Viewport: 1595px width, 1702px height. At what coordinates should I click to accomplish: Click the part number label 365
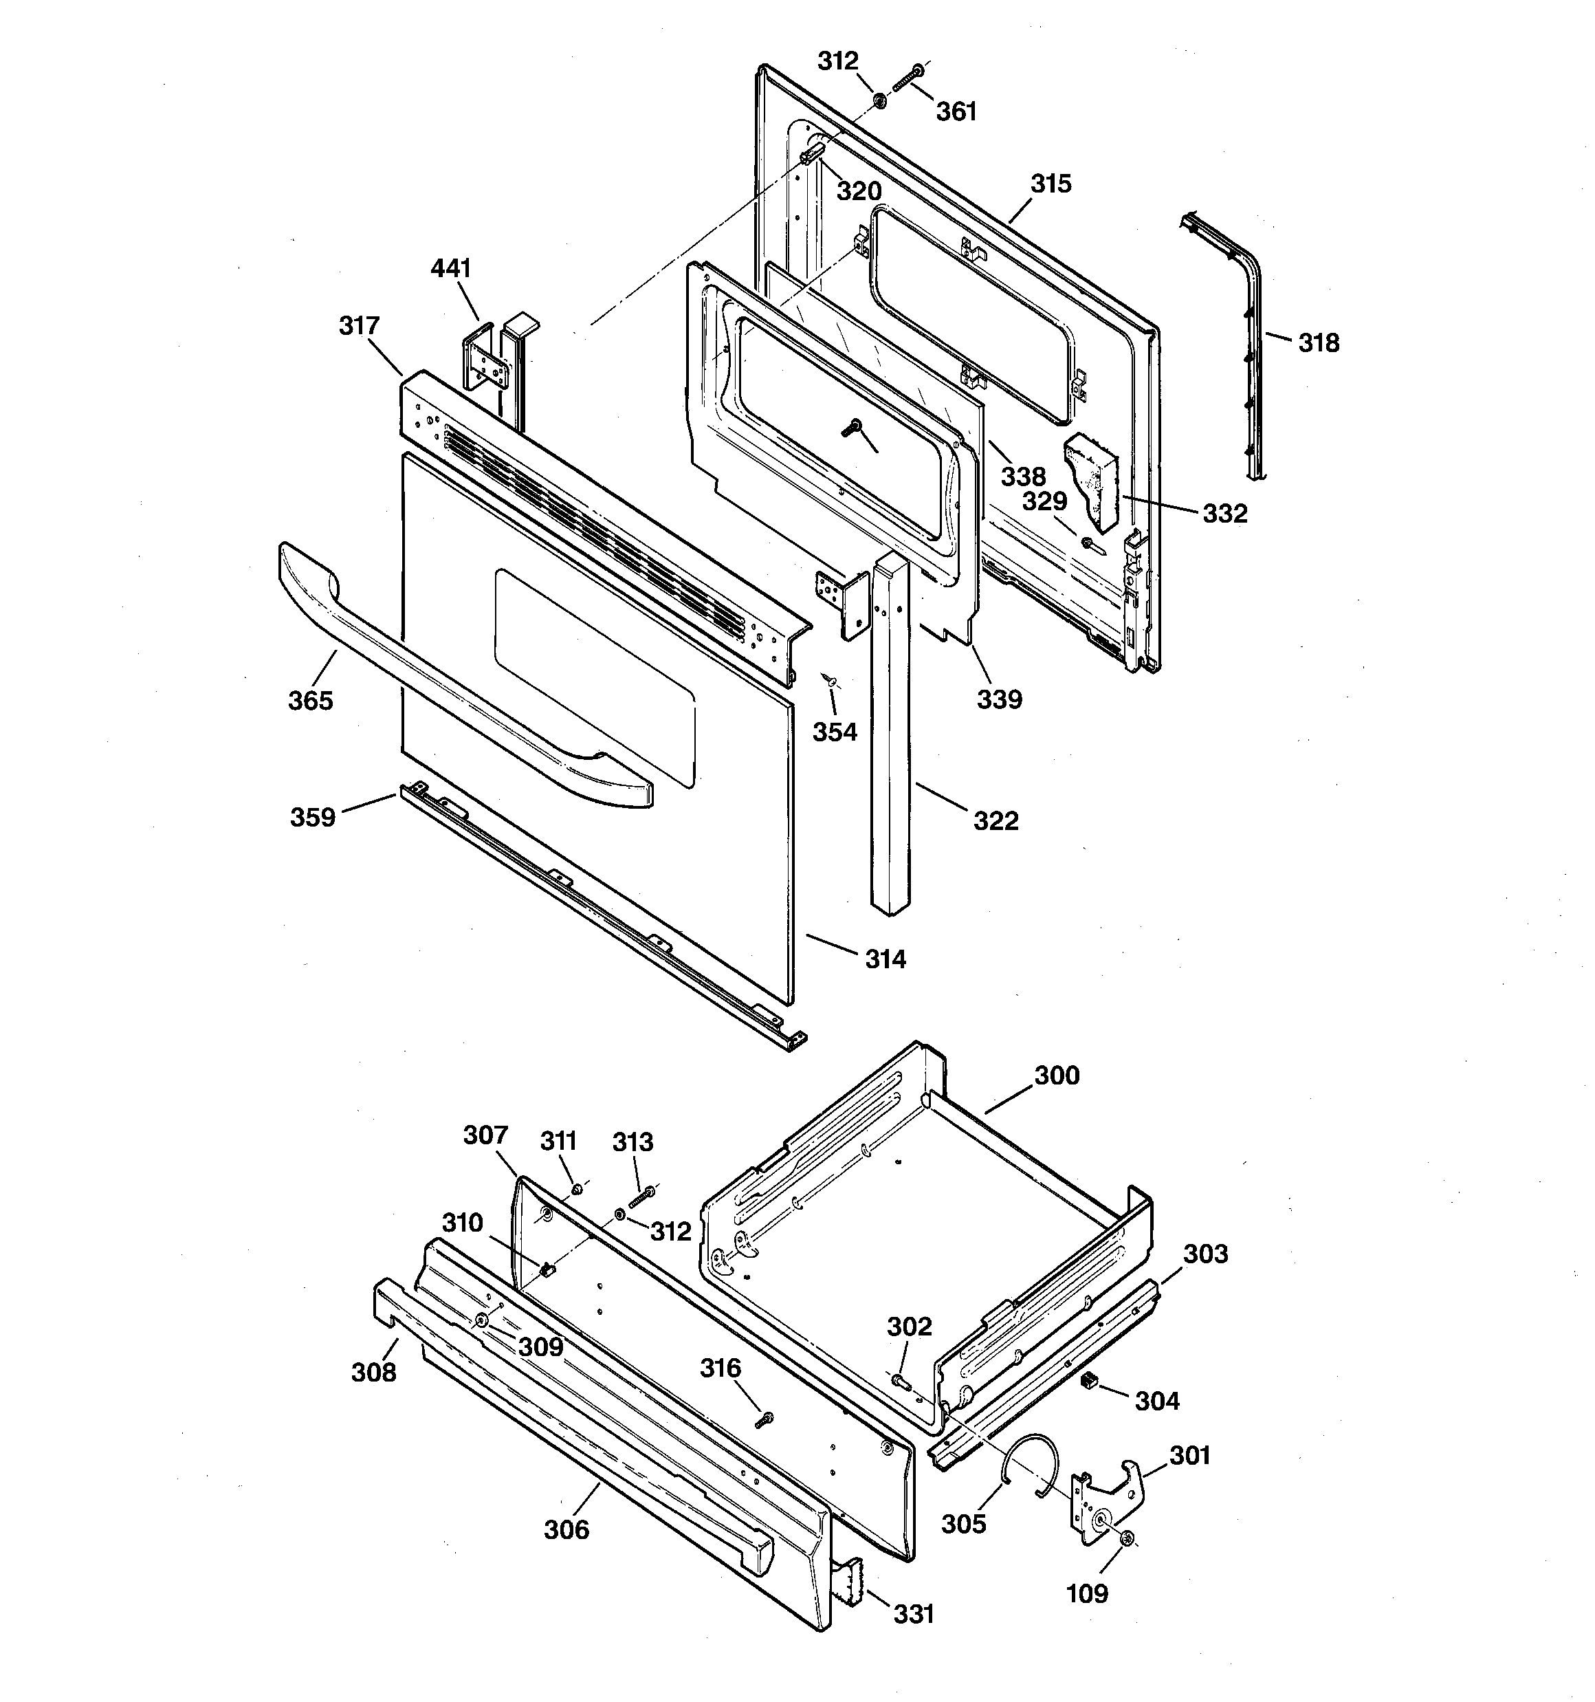[310, 700]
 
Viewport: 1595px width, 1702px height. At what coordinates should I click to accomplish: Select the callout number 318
[1319, 342]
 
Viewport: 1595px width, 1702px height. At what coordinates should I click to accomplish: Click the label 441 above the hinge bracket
[450, 268]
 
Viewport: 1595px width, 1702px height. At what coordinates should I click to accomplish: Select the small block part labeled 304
[1090, 1378]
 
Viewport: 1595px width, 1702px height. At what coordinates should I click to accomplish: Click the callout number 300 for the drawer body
[1057, 1076]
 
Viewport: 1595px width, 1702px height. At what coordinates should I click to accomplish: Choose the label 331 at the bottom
[914, 1614]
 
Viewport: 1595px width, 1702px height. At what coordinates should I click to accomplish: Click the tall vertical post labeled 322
[890, 737]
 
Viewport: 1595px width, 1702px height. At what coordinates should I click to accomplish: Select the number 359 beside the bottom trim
[313, 817]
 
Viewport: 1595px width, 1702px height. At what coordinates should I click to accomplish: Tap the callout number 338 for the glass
[1024, 476]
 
